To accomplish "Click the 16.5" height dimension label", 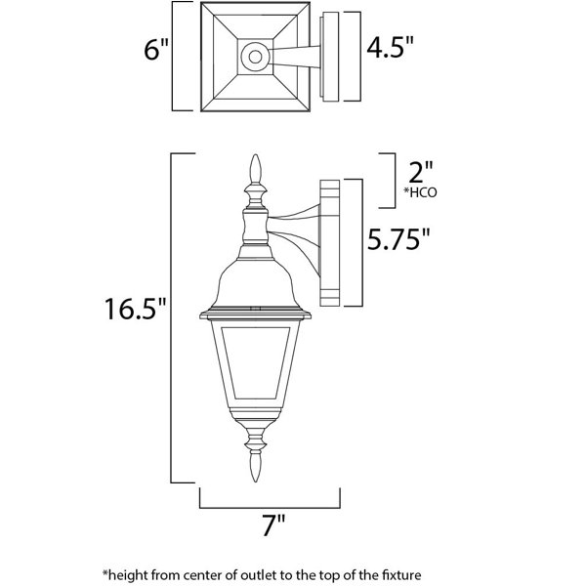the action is [x=135, y=309].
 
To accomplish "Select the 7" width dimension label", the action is [x=273, y=525].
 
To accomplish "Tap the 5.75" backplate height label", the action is [x=398, y=239].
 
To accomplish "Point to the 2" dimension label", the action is [x=420, y=172].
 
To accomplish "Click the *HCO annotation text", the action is [x=420, y=192].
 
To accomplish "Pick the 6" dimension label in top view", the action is [x=156, y=49].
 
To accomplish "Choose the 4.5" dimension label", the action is [x=390, y=47].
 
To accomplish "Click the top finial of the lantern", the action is [x=255, y=169].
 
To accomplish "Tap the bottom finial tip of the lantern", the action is [x=255, y=481].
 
